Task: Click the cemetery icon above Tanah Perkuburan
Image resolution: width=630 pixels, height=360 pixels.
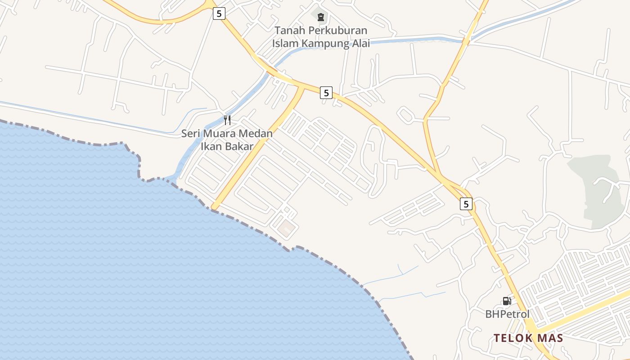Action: [320, 17]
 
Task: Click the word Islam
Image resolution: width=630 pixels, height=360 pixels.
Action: [286, 44]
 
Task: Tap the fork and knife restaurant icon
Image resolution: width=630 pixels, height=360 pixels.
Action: [227, 120]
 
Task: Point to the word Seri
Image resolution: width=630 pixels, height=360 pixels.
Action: [191, 134]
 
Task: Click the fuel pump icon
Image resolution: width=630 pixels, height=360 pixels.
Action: [507, 301]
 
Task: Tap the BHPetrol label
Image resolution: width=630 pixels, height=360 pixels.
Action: [507, 314]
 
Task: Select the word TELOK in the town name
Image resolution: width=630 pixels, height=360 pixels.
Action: [511, 338]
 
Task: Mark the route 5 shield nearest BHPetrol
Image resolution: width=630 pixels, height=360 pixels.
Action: [466, 204]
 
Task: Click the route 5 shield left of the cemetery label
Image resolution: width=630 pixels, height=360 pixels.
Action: [219, 13]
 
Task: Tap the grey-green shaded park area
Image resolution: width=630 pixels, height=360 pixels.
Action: [596, 189]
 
